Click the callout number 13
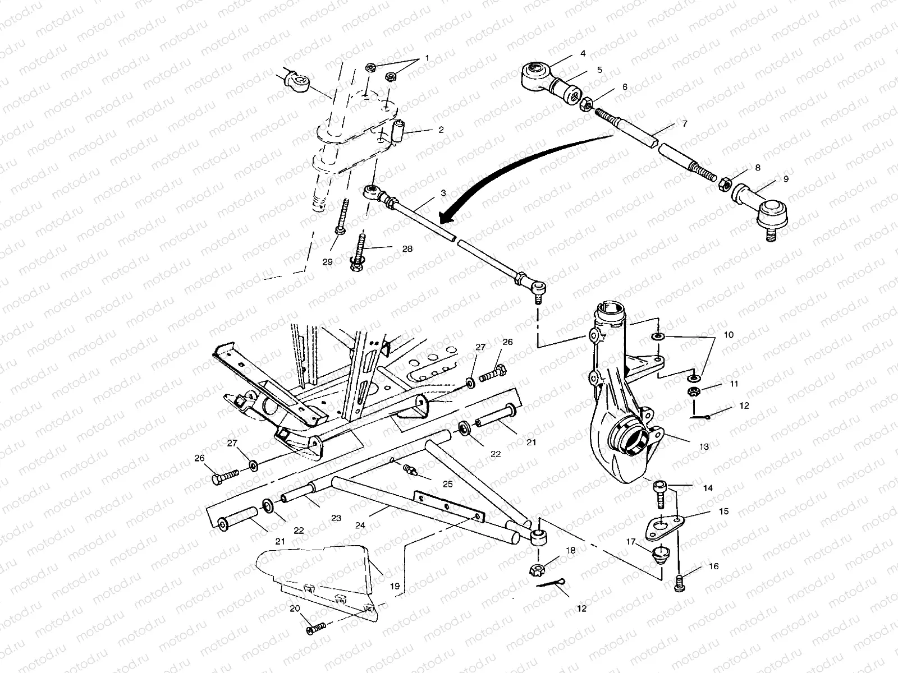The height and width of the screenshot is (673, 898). coord(704,447)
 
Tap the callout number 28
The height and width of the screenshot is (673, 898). coord(407,248)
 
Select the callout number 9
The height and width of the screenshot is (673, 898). coord(786,179)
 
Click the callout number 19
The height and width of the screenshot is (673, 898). coord(395,586)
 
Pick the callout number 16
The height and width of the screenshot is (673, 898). coord(714,567)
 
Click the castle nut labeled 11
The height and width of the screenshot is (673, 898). coord(693,392)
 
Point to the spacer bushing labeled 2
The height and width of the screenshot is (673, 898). coord(399,131)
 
